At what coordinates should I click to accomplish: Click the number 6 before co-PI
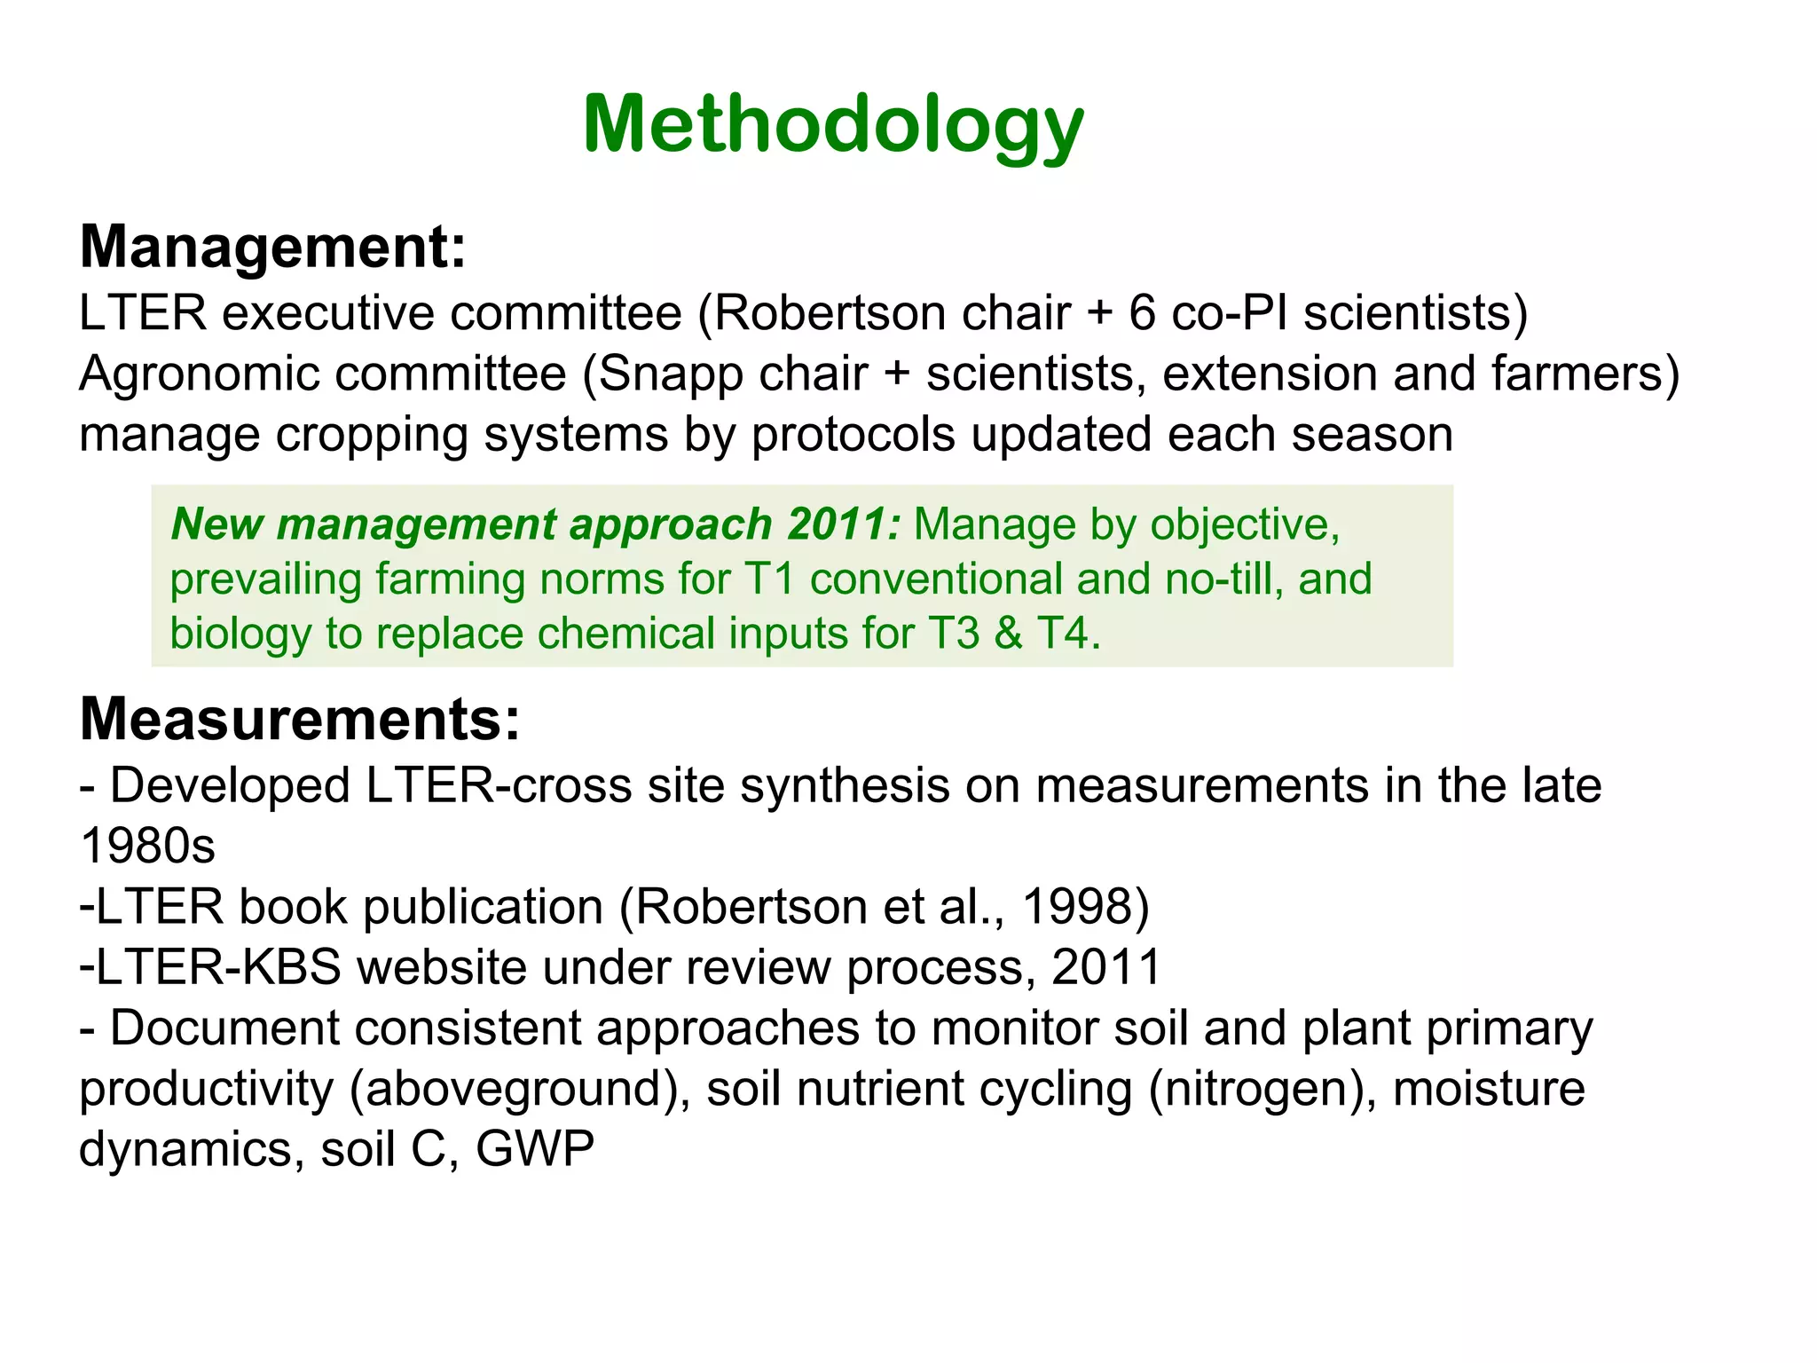(1142, 313)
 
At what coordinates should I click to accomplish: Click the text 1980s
(147, 846)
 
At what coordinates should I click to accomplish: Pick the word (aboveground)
(520, 1089)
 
